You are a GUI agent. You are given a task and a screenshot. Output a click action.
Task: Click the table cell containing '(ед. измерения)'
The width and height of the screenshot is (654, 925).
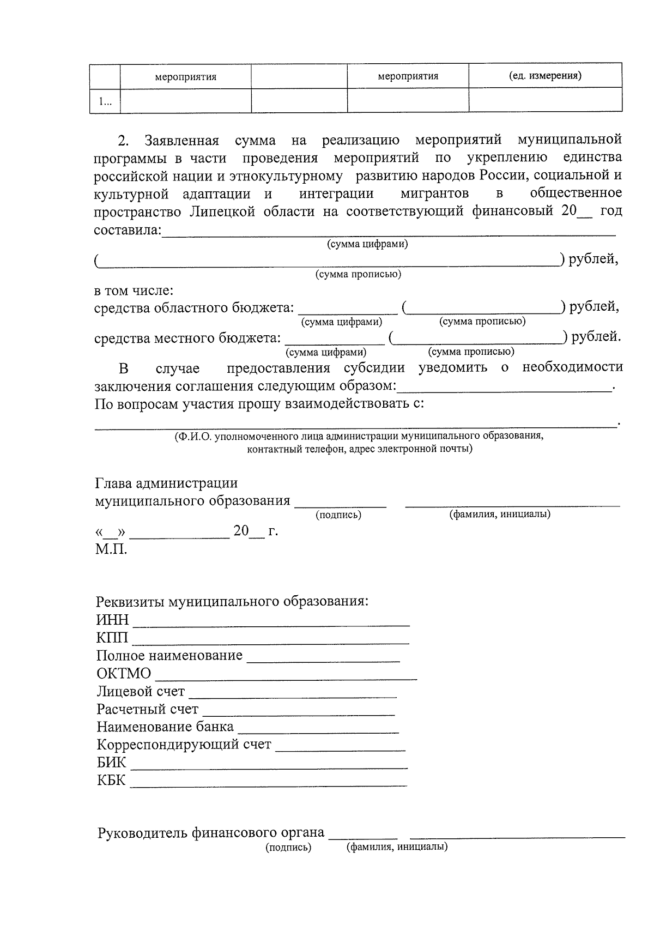click(x=545, y=76)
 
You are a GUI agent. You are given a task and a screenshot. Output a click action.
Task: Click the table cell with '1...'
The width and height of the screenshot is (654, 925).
click(x=105, y=101)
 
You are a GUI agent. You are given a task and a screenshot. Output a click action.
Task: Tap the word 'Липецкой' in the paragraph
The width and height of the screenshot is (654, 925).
click(x=223, y=211)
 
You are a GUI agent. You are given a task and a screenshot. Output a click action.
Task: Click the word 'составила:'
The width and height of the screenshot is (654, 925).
click(x=128, y=230)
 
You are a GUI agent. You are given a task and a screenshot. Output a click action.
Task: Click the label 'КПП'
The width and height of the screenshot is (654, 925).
click(x=112, y=638)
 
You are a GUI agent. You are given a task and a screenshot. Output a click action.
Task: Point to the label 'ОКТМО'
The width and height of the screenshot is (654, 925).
click(x=124, y=674)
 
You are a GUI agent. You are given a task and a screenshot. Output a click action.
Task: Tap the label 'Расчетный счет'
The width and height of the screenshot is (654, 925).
click(x=147, y=710)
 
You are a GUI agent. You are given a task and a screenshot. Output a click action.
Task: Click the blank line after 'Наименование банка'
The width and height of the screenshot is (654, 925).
click(x=318, y=729)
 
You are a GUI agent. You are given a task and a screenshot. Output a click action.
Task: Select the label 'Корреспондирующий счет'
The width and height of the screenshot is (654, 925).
click(x=184, y=745)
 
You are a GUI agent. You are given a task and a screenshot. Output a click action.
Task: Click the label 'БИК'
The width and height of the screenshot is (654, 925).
click(x=111, y=763)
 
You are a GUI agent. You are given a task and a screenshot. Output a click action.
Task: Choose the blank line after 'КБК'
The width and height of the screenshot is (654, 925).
click(x=268, y=783)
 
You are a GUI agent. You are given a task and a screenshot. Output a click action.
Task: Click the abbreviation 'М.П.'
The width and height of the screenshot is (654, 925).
click(x=111, y=549)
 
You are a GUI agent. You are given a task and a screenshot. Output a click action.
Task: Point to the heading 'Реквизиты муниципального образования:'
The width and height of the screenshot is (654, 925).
click(x=232, y=602)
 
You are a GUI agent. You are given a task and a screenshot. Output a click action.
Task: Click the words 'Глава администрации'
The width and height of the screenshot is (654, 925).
click(x=166, y=483)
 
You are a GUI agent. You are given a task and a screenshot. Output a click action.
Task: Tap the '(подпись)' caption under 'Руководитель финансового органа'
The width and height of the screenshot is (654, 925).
click(x=288, y=848)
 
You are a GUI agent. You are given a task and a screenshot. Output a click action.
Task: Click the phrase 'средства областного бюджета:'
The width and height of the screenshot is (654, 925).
click(x=193, y=308)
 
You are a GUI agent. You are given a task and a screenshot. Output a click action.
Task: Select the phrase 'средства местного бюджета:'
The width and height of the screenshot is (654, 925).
click(x=187, y=338)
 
